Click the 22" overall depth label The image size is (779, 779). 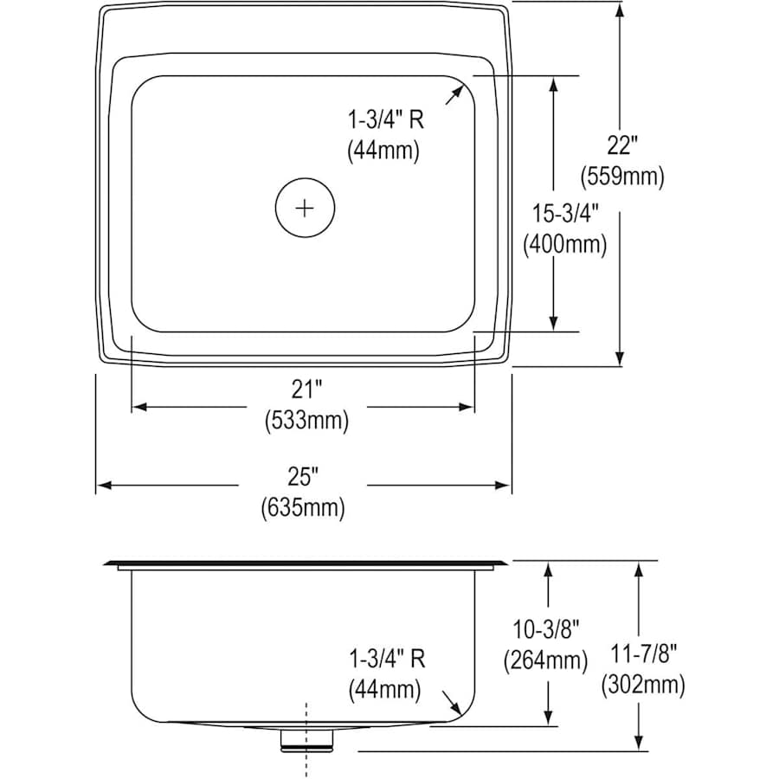click(x=621, y=145)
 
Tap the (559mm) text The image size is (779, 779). click(x=622, y=177)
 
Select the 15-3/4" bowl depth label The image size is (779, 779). click(x=565, y=214)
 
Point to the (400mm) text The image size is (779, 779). click(x=565, y=245)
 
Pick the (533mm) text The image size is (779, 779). click(x=306, y=422)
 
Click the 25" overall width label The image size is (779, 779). click(x=303, y=477)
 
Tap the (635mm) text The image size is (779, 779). click(x=303, y=508)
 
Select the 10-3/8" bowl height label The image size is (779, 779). click(x=546, y=629)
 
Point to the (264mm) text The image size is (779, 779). click(x=545, y=660)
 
